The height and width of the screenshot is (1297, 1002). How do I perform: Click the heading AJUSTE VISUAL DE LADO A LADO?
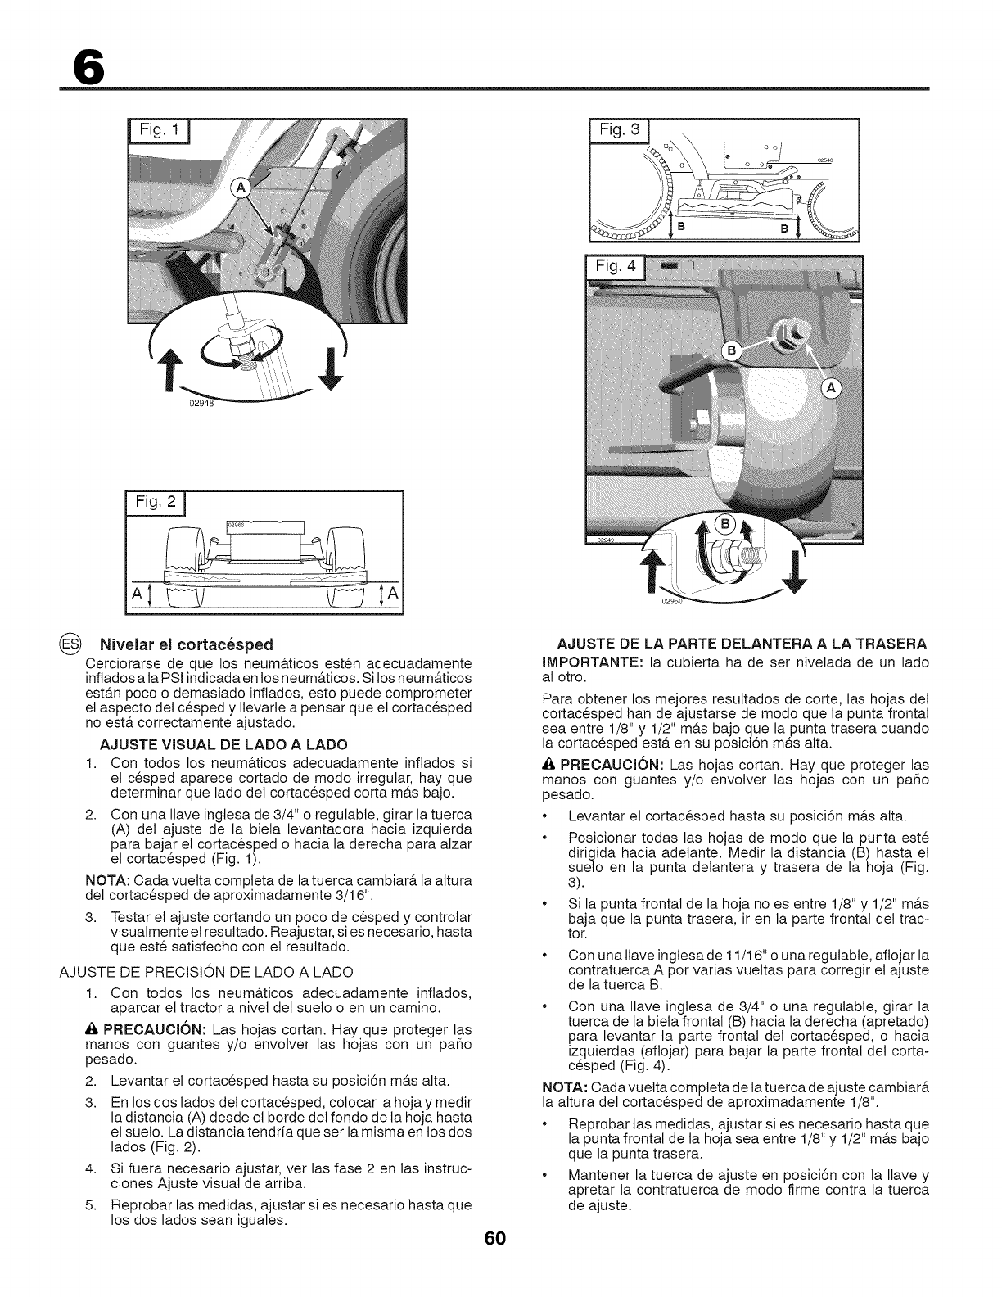(223, 743)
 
